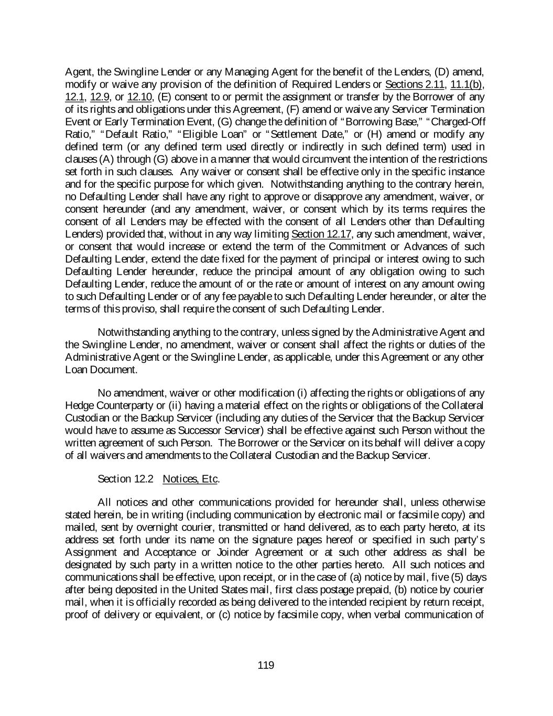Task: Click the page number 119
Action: click(x=266, y=666)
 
